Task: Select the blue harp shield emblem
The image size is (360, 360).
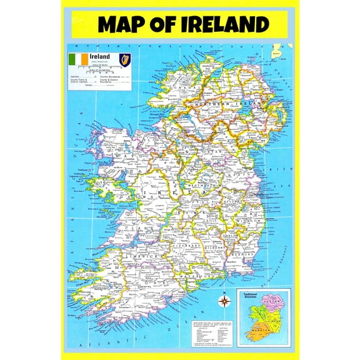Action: pos(124,60)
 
